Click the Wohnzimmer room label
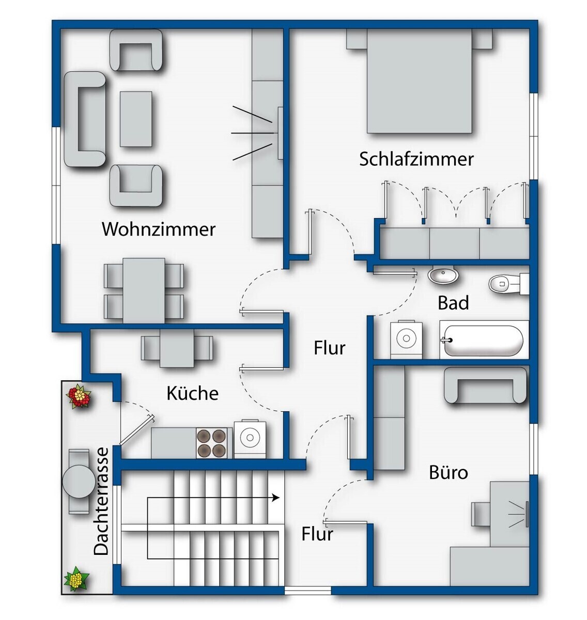[x=158, y=229]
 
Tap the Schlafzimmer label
[x=416, y=159]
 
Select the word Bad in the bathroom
[x=453, y=303]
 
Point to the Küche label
[x=192, y=394]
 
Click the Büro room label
[x=448, y=472]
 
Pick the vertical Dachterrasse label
[x=102, y=501]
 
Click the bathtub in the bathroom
[x=484, y=340]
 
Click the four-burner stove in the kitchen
[x=212, y=443]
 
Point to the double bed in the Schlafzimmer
[x=419, y=82]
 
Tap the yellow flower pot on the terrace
[x=76, y=578]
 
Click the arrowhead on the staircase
[x=276, y=498]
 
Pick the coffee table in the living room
[x=136, y=119]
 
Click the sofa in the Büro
[x=485, y=385]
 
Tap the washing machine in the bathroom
[x=406, y=339]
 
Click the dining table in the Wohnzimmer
[x=144, y=290]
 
